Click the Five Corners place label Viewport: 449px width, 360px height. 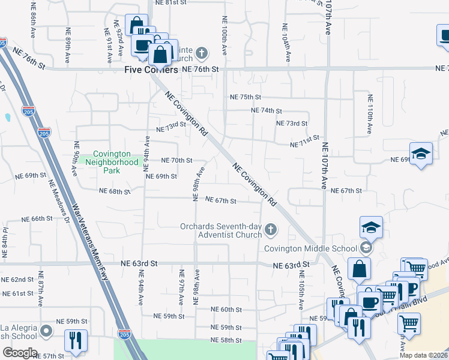(x=151, y=70)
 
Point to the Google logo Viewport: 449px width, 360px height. (x=20, y=353)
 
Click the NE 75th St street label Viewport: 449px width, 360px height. (x=246, y=97)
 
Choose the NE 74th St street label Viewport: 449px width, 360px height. (x=267, y=111)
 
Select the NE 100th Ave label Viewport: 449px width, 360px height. (x=224, y=37)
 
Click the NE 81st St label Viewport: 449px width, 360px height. (x=170, y=3)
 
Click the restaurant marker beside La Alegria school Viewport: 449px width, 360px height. (x=76, y=340)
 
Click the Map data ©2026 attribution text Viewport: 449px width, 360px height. (x=423, y=355)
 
